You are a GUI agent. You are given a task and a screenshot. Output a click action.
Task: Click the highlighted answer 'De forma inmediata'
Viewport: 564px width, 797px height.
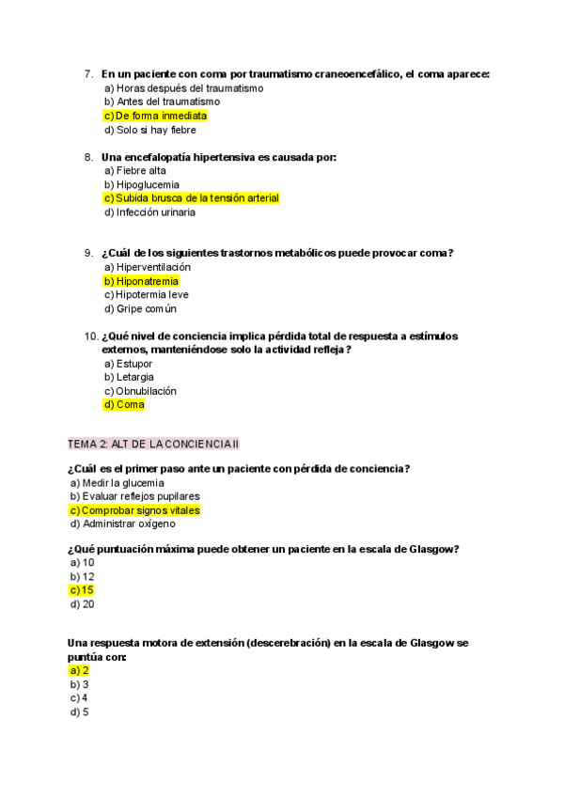tap(155, 116)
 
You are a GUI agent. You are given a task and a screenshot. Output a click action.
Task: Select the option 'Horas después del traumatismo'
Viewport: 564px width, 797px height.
tap(183, 88)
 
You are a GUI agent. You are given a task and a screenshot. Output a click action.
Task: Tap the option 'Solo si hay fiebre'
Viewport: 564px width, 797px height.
tap(150, 130)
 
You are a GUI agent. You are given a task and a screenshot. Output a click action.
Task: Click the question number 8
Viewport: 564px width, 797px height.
tap(88, 157)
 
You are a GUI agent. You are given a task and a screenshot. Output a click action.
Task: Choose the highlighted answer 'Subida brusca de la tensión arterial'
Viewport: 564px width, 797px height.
tap(192, 198)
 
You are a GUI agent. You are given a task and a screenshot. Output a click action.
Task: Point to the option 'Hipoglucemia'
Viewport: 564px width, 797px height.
tap(142, 185)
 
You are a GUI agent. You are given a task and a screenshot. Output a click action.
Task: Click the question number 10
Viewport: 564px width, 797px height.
tap(90, 336)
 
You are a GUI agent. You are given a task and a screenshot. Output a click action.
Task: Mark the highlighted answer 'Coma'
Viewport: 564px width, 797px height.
tap(124, 405)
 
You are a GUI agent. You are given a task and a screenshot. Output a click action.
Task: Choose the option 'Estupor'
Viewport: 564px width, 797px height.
tap(129, 364)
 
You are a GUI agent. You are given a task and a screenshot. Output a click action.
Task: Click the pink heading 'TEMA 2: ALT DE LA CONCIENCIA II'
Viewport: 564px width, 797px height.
tap(154, 443)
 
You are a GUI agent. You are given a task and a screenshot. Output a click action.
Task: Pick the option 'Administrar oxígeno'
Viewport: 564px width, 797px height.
tap(122, 524)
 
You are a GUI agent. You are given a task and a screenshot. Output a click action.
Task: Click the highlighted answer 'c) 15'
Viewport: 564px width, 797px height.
tap(82, 590)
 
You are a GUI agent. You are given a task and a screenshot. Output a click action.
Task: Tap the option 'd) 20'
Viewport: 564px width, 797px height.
tap(82, 604)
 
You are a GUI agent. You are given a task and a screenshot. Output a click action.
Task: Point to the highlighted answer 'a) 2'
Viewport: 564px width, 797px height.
tap(80, 670)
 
